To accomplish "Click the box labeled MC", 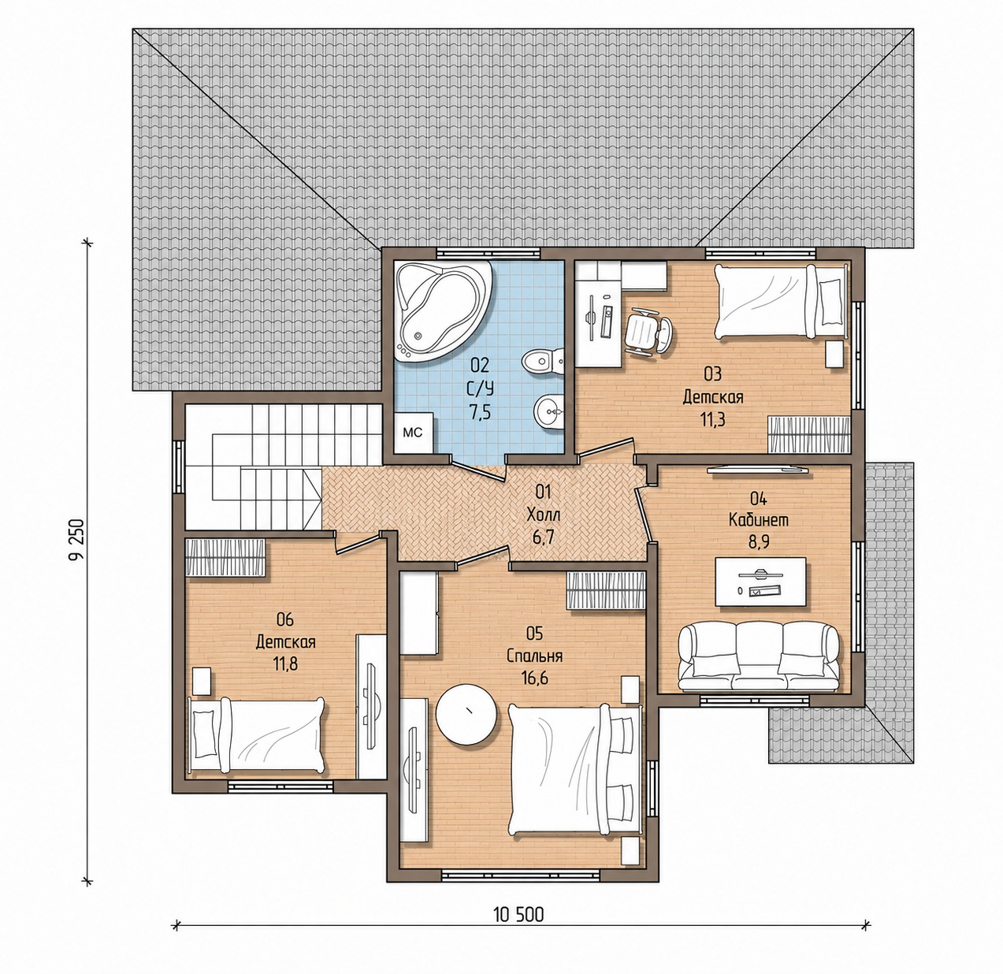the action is [413, 433].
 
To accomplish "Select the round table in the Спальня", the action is [467, 713].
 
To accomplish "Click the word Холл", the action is [543, 514].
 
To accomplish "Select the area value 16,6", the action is [534, 676].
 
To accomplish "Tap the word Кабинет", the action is [759, 520].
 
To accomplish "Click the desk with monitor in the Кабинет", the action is [760, 581].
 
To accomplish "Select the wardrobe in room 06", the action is [225, 557].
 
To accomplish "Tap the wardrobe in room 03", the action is [808, 434].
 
